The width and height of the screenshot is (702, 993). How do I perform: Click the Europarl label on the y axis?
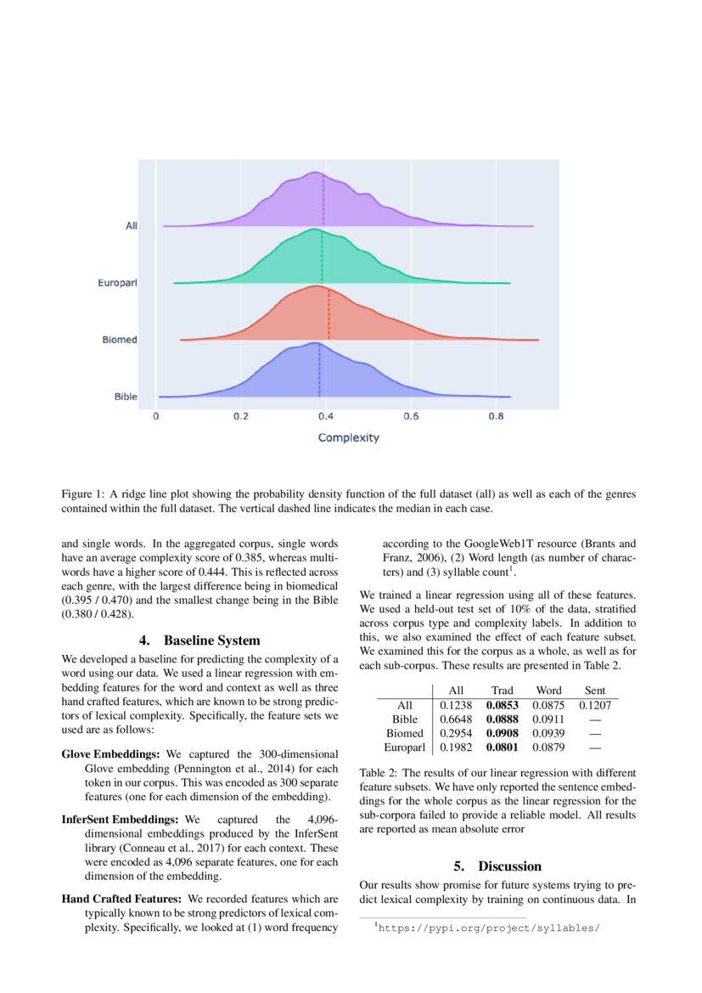(117, 282)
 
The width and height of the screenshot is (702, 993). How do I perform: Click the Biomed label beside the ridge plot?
(120, 340)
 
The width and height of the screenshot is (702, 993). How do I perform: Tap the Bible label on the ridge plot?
(126, 397)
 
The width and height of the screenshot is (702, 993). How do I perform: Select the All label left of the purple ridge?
(131, 226)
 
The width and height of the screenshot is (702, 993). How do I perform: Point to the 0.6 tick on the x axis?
(411, 417)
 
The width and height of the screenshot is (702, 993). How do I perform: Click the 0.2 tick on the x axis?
(241, 417)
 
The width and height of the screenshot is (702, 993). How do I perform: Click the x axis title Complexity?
(348, 438)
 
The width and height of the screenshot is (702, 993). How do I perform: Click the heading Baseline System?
(199, 640)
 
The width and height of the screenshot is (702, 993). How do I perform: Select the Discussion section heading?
(497, 866)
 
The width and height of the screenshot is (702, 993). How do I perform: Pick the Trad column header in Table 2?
(503, 691)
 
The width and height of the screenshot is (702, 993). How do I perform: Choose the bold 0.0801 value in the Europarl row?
(502, 748)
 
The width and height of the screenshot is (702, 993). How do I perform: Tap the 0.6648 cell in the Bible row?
(456, 719)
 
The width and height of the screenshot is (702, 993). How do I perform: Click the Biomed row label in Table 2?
(404, 733)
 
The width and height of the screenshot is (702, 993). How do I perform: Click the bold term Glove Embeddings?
(112, 753)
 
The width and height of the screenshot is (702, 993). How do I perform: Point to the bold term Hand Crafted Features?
(122, 898)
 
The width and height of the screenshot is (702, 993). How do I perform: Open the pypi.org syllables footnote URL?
(488, 928)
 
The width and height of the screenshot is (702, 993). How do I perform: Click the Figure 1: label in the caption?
(82, 494)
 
